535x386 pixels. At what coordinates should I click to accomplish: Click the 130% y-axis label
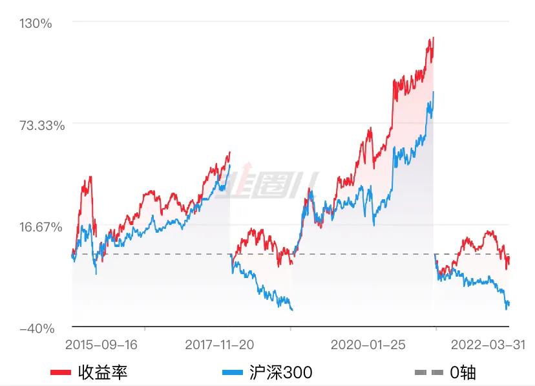coord(37,24)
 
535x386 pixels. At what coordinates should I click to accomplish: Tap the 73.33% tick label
coord(42,125)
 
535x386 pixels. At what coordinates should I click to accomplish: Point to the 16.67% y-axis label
coord(42,227)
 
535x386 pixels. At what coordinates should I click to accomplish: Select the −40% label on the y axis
coord(37,328)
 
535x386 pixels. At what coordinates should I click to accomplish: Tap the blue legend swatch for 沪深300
coord(233,373)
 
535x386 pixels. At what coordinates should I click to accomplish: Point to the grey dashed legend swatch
coord(428,373)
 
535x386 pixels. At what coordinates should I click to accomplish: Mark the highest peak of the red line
coord(433,38)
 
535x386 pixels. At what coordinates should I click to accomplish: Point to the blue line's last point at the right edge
coord(509,303)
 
